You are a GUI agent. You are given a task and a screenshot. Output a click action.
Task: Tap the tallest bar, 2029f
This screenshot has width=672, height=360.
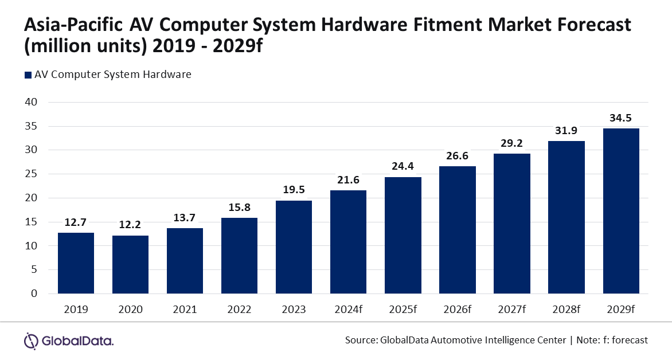click(621, 210)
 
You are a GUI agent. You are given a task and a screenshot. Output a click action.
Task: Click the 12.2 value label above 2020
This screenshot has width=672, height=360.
click(130, 225)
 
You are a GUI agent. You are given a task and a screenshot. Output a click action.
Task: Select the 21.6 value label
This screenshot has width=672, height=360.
click(348, 180)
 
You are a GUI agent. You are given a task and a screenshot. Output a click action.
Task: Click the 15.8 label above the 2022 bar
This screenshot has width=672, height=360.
click(239, 208)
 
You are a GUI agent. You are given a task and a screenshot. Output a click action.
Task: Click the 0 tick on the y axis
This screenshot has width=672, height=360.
click(33, 294)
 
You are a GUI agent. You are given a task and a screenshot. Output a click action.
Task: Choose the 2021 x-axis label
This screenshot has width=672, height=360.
click(185, 310)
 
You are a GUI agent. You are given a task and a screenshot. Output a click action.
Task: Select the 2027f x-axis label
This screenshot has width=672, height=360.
click(512, 310)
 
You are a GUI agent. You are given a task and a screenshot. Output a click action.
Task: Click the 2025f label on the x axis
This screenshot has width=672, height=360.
click(403, 310)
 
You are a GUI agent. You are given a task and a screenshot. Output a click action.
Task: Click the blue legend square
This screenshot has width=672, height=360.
click(27, 75)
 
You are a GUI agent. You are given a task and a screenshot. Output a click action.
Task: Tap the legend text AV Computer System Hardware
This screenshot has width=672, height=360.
click(112, 75)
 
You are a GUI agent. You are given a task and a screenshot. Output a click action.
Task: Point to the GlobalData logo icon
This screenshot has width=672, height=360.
click(31, 341)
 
